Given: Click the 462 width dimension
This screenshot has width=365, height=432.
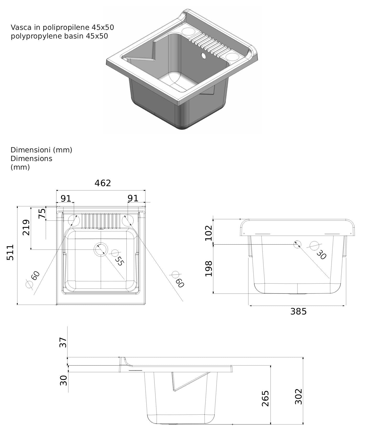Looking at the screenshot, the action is [x=103, y=183].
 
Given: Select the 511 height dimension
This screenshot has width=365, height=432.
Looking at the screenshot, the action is [x=10, y=252].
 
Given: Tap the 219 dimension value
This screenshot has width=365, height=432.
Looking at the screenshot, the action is [x=26, y=228].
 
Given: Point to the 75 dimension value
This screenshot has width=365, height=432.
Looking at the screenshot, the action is [x=42, y=213].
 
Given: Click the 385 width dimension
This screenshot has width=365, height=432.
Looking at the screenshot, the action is [x=299, y=311].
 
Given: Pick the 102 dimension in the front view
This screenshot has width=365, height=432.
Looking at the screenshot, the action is [x=209, y=233].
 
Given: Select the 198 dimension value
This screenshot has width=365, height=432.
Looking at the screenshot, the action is [x=209, y=269].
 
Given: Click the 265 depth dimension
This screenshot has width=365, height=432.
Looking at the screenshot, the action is [x=265, y=398].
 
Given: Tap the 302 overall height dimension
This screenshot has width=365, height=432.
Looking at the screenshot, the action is [x=299, y=396].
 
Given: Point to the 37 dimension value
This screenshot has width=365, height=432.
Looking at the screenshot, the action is [x=63, y=342].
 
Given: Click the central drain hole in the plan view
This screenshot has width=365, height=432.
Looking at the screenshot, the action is [x=101, y=250].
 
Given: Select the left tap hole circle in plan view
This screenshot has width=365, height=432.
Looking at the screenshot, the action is [x=74, y=220].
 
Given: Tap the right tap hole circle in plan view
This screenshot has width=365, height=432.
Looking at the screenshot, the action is [x=128, y=220].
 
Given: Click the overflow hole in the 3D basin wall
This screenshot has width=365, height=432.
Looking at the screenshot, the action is [x=203, y=56].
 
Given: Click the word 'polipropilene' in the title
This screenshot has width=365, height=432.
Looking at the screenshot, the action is [x=63, y=27].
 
